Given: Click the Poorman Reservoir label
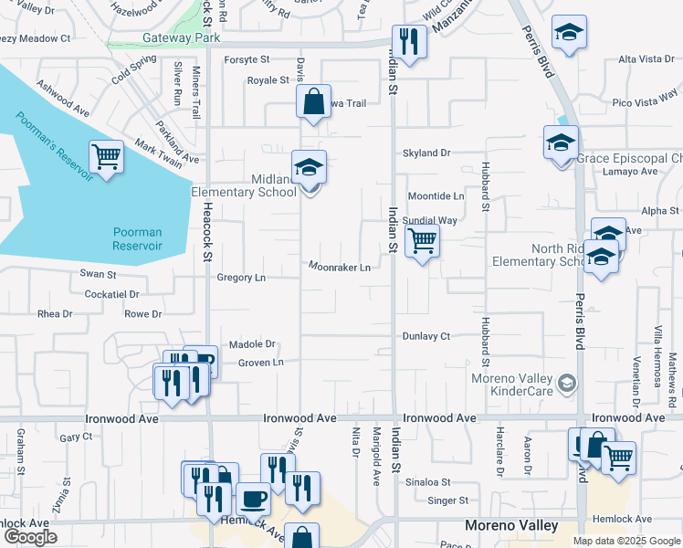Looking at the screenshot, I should pyautogui.click(x=137, y=239).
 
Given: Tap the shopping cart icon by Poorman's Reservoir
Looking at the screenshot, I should pyautogui.click(x=107, y=157).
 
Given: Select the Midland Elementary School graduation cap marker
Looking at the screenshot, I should pyautogui.click(x=310, y=167).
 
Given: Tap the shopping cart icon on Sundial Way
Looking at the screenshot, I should pyautogui.click(x=422, y=241).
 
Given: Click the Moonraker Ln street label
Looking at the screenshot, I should pyautogui.click(x=339, y=268).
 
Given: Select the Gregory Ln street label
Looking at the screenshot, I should pyautogui.click(x=241, y=277).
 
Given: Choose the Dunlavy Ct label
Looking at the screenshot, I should pyautogui.click(x=426, y=336).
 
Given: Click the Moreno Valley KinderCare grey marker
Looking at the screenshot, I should pyautogui.click(x=567, y=381).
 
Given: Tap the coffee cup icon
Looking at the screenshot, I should pyautogui.click(x=253, y=499).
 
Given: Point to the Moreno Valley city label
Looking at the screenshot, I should pyautogui.click(x=511, y=525).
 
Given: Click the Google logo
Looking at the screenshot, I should pyautogui.click(x=30, y=537).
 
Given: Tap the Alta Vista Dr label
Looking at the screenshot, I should pyautogui.click(x=646, y=59).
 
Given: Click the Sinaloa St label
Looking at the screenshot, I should pyautogui.click(x=428, y=481).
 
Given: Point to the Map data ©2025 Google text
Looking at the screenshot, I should pyautogui.click(x=626, y=541).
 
